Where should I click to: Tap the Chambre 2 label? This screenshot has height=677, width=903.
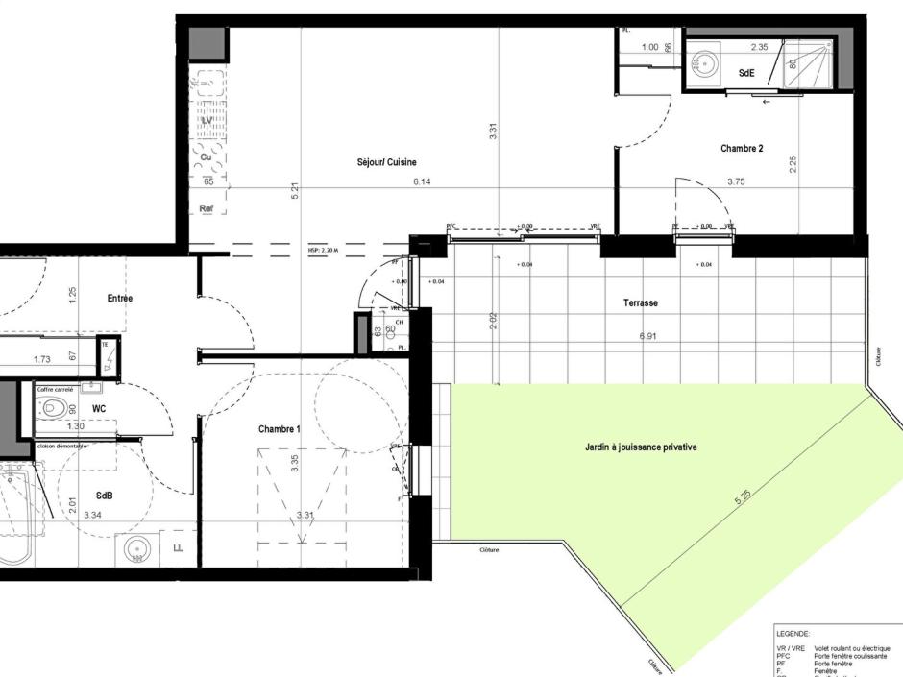742,149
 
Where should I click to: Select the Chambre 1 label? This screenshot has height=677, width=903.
280,429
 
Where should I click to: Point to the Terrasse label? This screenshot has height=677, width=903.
640,302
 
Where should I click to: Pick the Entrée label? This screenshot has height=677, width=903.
120,299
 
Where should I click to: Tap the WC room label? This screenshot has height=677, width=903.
98,408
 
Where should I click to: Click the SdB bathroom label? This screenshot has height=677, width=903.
104,496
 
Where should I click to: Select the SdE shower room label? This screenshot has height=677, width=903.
746,73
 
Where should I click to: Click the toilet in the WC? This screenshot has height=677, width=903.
57,408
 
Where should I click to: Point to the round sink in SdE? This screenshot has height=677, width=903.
706,63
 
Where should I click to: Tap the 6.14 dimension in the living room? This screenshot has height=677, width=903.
422,181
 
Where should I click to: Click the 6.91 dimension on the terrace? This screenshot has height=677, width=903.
641,337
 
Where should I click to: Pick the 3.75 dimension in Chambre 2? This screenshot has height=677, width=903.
736,181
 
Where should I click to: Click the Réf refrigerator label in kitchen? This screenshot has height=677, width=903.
206,207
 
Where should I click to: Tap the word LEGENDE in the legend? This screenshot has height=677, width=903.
793,634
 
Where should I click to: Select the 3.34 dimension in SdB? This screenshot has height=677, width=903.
93,516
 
